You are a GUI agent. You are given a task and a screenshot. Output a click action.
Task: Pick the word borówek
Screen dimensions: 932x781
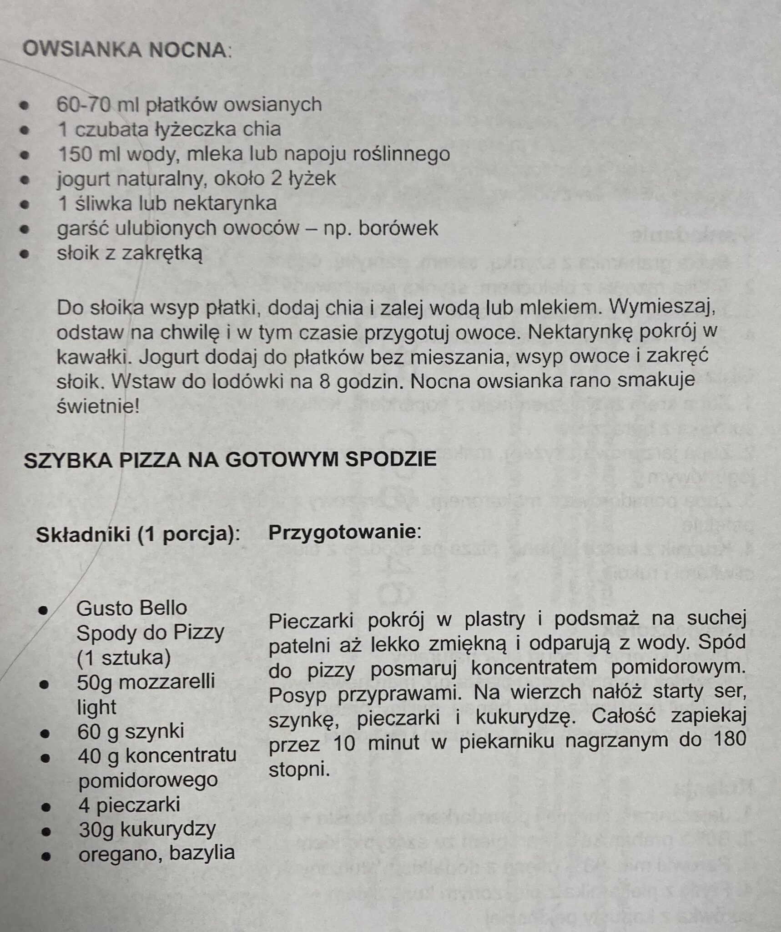[x=398, y=228]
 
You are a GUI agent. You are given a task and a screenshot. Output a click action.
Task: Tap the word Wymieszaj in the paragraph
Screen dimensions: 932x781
[x=662, y=308]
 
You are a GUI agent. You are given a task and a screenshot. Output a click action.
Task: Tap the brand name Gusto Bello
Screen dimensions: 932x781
[x=131, y=608]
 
